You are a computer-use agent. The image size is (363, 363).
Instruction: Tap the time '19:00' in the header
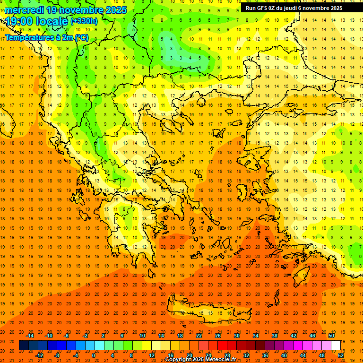click(18, 21)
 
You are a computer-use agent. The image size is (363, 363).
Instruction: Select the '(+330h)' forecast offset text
click(84, 21)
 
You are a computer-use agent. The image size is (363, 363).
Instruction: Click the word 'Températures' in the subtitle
click(29, 37)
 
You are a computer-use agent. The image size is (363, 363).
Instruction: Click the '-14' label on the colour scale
click(30, 336)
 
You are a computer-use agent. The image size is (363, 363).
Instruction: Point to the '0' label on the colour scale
click(94, 355)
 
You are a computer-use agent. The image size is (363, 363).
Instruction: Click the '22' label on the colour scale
click(199, 336)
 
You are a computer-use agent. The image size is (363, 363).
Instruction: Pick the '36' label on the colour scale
click(265, 355)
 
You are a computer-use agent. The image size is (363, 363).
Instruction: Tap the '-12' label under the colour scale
click(39, 355)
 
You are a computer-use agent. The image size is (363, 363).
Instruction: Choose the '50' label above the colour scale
click(331, 336)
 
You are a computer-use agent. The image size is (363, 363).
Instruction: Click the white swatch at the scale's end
click(336, 345)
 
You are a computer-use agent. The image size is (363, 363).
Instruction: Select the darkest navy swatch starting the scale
click(24, 345)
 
